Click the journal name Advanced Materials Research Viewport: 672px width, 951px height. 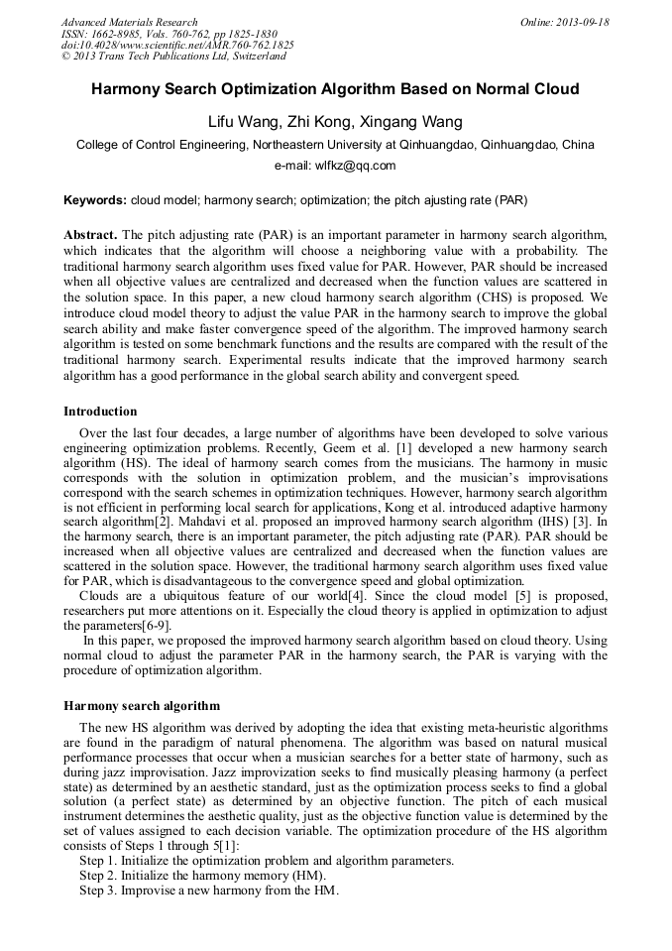tap(130, 22)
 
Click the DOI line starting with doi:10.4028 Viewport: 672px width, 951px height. tap(177, 46)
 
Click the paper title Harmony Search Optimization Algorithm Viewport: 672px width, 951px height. tap(335, 89)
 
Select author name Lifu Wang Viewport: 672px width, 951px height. tap(243, 122)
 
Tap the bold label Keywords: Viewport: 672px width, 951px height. tap(95, 199)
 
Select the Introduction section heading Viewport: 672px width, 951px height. tap(100, 411)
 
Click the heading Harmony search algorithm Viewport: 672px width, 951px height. tap(142, 705)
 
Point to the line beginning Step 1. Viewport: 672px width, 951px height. tap(267, 860)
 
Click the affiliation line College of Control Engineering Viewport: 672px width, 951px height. tap(335, 145)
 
